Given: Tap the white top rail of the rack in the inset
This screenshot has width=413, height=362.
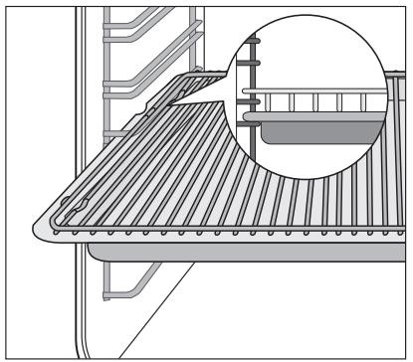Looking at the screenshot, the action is pyautogui.click(x=318, y=97).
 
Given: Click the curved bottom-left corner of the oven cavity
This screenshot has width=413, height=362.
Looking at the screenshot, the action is pyautogui.click(x=40, y=338).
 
